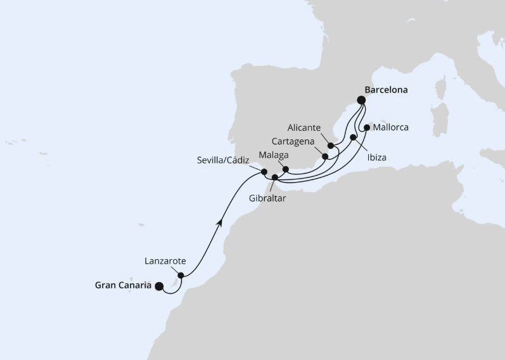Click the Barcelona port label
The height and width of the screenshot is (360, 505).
tap(386, 89)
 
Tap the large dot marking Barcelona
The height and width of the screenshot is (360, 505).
tap(361, 100)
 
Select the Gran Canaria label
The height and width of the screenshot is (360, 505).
tap(123, 285)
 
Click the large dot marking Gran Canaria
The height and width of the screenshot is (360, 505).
tap(158, 286)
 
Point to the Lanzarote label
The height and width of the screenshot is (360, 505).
tap(165, 260)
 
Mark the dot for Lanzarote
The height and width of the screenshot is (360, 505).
tap(181, 275)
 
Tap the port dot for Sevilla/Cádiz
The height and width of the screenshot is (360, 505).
tap(264, 171)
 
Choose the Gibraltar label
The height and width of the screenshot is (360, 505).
tap(267, 199)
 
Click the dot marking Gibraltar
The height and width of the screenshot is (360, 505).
tap(274, 177)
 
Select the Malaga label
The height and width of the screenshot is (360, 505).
tap(273, 155)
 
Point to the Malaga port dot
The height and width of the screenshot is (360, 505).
tap(285, 169)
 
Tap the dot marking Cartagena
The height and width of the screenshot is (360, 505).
tap(325, 156)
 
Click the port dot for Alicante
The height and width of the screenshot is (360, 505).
tap(331, 146)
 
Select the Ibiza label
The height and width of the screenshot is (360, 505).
tap(375, 157)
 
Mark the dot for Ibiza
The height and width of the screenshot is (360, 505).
tap(353, 137)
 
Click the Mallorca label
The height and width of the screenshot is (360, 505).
tap(391, 127)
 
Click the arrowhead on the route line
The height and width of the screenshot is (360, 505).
tap(220, 221)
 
